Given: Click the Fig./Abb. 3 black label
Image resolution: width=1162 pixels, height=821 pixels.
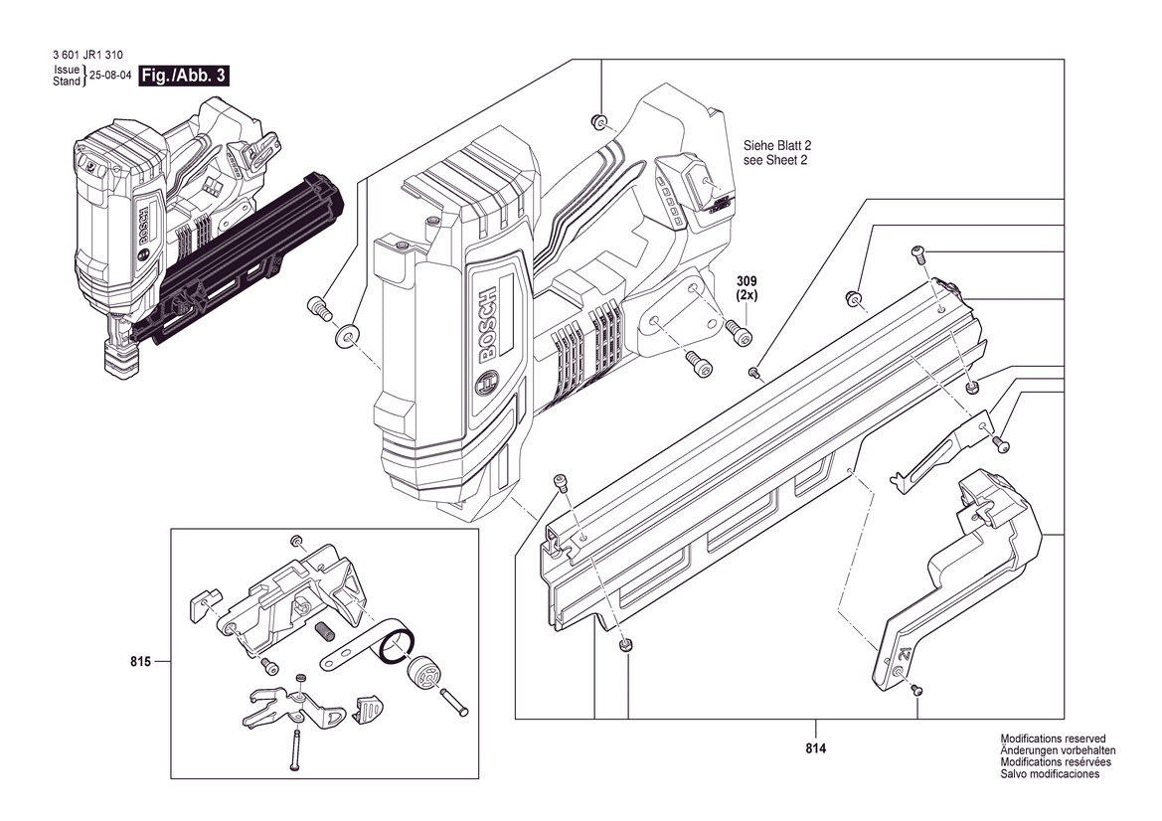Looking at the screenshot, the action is pyautogui.click(x=183, y=76).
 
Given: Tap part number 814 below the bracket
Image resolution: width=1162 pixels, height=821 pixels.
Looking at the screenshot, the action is pyautogui.click(x=815, y=748).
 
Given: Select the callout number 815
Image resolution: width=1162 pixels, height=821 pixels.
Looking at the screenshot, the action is pyautogui.click(x=140, y=661).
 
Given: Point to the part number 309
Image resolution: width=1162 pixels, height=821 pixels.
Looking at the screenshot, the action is pyautogui.click(x=747, y=281).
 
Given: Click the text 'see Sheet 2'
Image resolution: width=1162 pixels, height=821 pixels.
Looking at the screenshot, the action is pyautogui.click(x=775, y=160).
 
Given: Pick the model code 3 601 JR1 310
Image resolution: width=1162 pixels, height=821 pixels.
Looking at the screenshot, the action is pyautogui.click(x=88, y=55).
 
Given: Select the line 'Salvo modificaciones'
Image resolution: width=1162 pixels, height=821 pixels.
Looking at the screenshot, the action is pyautogui.click(x=1050, y=774).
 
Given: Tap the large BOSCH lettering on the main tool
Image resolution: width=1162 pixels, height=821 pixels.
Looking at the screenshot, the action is pyautogui.click(x=489, y=325).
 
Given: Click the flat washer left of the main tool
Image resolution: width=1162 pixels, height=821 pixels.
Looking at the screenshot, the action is pyautogui.click(x=346, y=336).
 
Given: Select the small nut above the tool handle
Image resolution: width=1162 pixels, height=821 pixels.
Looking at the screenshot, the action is pyautogui.click(x=597, y=120).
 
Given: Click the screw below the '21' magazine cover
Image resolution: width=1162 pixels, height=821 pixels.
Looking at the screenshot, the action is pyautogui.click(x=916, y=689).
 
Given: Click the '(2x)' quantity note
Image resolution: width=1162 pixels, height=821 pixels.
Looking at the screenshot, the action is pyautogui.click(x=747, y=295).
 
